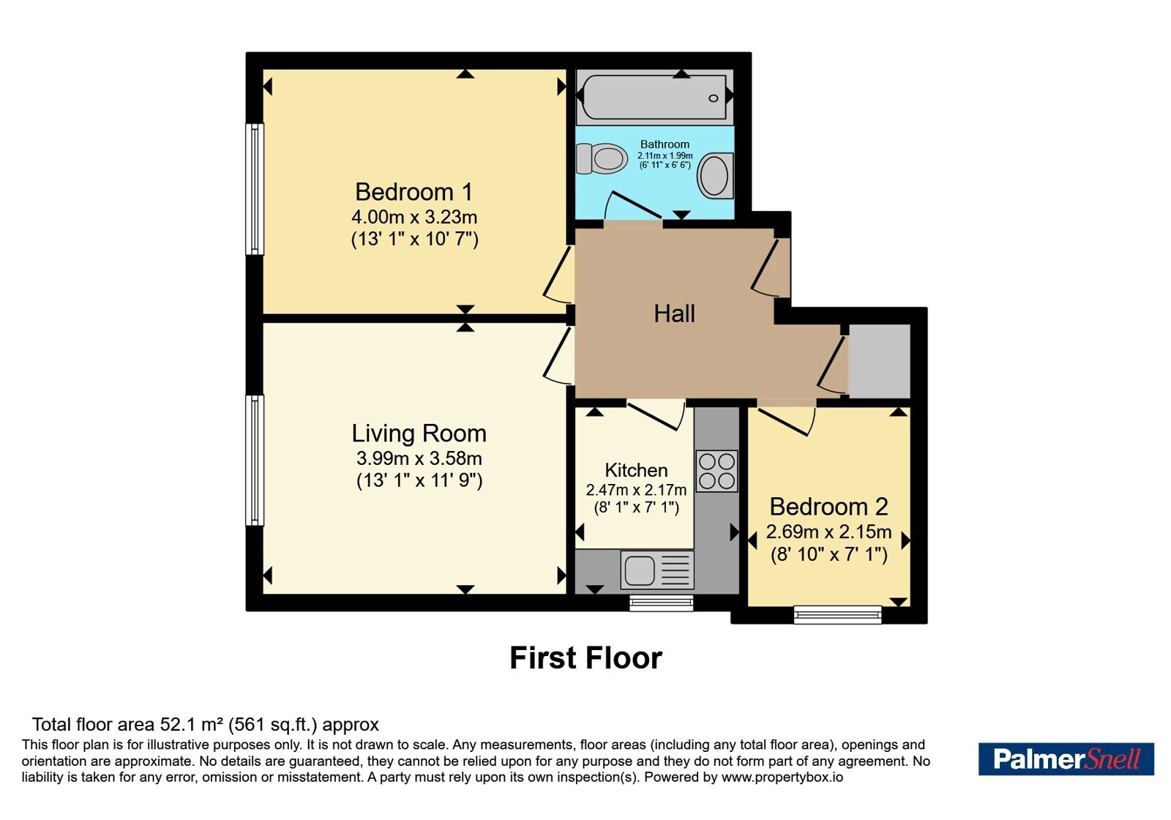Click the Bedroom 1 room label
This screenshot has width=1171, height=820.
pyautogui.click(x=414, y=192)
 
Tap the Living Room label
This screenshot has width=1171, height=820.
pyautogui.click(x=419, y=433)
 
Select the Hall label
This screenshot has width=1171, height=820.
pyautogui.click(x=674, y=314)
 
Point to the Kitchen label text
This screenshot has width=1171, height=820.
pyautogui.click(x=636, y=470)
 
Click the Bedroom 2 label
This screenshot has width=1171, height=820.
pyautogui.click(x=828, y=507)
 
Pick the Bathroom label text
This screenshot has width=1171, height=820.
pyautogui.click(x=665, y=144)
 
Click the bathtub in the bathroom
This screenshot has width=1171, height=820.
pyautogui.click(x=654, y=97)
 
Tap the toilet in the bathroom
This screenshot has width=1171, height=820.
pyautogui.click(x=602, y=158)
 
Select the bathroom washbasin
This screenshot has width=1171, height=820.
pyautogui.click(x=715, y=175)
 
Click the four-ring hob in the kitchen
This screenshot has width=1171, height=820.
pyautogui.click(x=717, y=471)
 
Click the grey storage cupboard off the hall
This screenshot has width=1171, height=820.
pyautogui.click(x=879, y=362)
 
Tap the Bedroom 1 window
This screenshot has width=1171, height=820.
pyautogui.click(x=255, y=189)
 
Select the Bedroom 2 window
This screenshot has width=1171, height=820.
pyautogui.click(x=837, y=614)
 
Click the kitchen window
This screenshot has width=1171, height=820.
pyautogui.click(x=662, y=603)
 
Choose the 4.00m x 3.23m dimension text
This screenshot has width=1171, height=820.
pyautogui.click(x=414, y=217)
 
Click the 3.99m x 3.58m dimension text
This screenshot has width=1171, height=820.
pyautogui.click(x=419, y=458)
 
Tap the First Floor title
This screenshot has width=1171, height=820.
pyautogui.click(x=585, y=658)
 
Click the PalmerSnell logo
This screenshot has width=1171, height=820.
pyautogui.click(x=1066, y=758)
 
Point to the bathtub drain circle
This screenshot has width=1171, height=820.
pyautogui.click(x=713, y=98)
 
